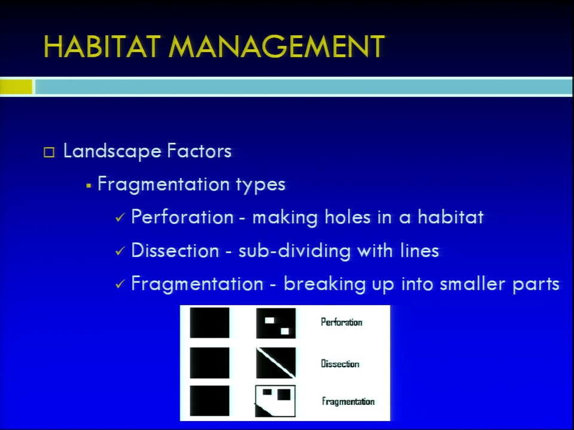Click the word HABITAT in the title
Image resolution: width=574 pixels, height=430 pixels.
tap(102, 47)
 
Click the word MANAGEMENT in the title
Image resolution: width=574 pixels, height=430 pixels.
tap(277, 47)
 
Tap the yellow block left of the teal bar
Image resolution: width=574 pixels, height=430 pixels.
tap(16, 87)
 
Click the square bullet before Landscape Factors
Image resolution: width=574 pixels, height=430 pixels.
tap(49, 152)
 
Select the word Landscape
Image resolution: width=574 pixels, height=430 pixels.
tap(112, 151)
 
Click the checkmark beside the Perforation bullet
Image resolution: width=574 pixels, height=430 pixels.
tap(120, 217)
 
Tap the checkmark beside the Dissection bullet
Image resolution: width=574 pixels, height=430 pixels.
tap(120, 251)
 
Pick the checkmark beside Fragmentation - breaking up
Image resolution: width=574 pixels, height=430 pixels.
tap(120, 284)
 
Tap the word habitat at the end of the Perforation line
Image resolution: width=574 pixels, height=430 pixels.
tap(451, 217)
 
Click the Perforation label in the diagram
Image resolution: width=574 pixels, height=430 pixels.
tap(341, 322)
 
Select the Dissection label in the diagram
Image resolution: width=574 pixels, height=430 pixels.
tap(340, 364)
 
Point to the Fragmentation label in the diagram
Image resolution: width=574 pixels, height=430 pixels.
tap(348, 401)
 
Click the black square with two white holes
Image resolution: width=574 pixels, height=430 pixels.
tap(276, 323)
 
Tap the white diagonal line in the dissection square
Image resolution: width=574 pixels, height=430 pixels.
tap(276, 363)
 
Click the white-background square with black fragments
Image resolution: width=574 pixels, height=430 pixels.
tap(275, 401)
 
